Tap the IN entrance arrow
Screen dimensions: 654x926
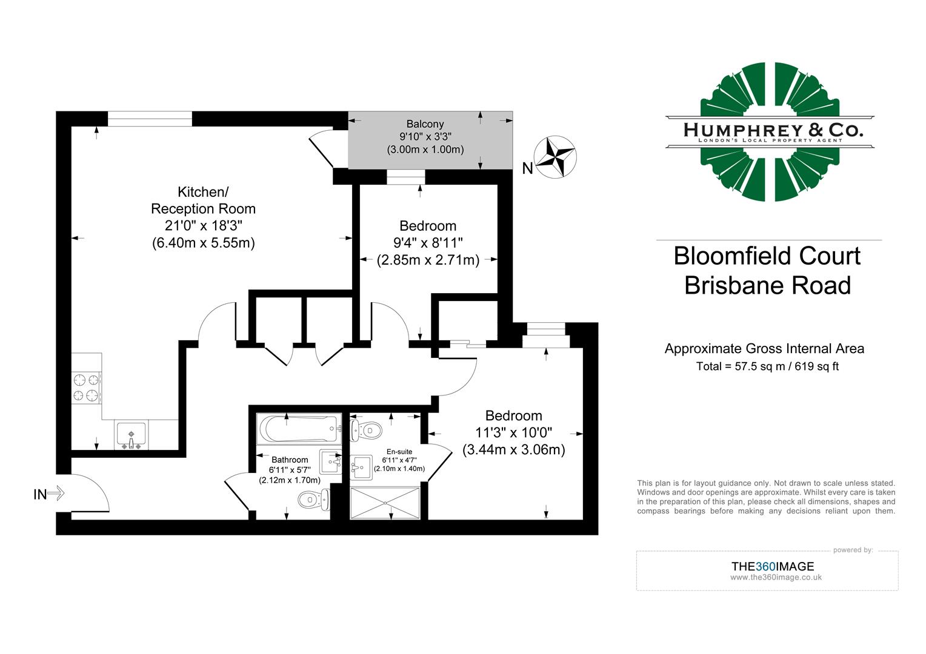[x=55, y=494]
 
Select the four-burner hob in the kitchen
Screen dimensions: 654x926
[x=86, y=388]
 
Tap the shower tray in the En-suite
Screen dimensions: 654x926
[x=385, y=502]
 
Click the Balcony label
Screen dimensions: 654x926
[x=425, y=124]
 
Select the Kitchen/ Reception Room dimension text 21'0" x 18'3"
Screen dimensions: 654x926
[x=203, y=226]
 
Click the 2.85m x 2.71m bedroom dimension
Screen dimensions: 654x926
[x=428, y=260]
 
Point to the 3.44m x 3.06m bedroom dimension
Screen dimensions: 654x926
[x=513, y=450]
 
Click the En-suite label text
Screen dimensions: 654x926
[x=399, y=452]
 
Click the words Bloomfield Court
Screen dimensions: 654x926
[x=767, y=256]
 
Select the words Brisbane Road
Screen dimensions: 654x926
[x=767, y=285]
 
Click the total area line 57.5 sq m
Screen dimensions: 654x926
[x=767, y=366]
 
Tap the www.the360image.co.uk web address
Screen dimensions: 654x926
[x=776, y=577]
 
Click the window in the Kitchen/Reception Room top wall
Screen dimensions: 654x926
[x=150, y=119]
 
